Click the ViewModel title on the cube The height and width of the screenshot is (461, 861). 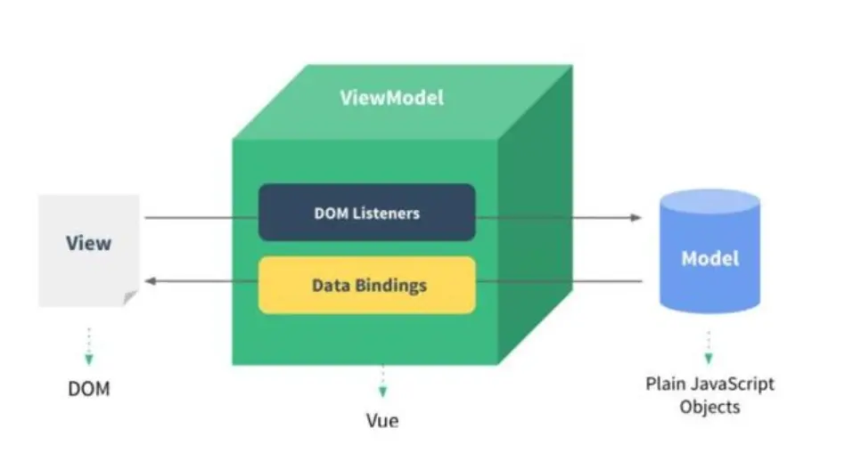tap(391, 97)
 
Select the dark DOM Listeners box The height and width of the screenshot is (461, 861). tap(366, 213)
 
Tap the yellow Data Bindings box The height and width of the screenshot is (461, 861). tap(366, 286)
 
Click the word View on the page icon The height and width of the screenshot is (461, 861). tap(89, 242)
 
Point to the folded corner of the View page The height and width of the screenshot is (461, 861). tap(131, 298)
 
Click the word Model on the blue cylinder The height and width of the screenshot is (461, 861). tap(710, 259)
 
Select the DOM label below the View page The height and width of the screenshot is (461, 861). tap(89, 389)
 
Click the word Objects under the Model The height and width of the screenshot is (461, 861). tap(709, 408)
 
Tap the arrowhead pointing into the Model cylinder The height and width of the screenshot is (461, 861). tap(635, 217)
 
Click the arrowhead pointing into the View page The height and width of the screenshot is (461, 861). tap(151, 281)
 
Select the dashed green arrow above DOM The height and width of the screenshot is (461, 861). tap(89, 347)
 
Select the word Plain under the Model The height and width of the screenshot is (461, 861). tap(665, 384)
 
